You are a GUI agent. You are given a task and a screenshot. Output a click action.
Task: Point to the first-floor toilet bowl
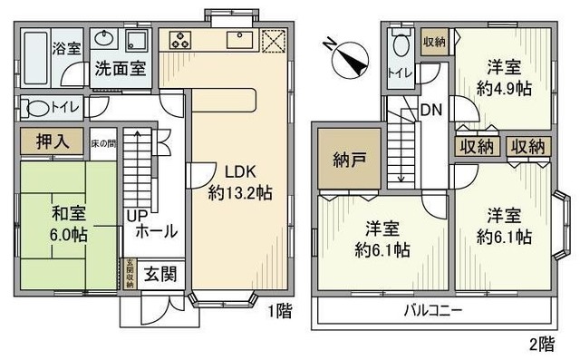click(37, 108)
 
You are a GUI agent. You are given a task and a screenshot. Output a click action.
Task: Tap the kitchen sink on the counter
click(240, 42)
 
